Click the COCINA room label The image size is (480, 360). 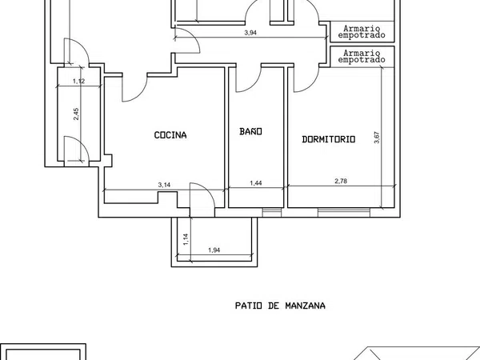[170, 135]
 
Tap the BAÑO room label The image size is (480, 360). [250, 131]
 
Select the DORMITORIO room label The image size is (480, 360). [329, 139]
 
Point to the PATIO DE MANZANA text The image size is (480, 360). [280, 306]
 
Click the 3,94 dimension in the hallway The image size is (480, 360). [250, 33]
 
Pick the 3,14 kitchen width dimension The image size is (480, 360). [164, 185]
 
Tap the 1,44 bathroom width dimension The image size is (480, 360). [256, 183]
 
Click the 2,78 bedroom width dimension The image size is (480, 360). [341, 181]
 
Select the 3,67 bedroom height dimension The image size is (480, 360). [377, 138]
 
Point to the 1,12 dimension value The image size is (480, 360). [79, 81]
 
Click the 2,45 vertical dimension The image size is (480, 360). [76, 114]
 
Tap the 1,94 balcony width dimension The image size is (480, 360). [214, 250]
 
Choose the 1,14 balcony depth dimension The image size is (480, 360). [186, 239]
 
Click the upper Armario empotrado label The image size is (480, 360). [362, 32]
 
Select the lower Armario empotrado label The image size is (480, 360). [362, 57]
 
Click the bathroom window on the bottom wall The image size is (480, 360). [272, 213]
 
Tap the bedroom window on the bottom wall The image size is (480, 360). [344, 213]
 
